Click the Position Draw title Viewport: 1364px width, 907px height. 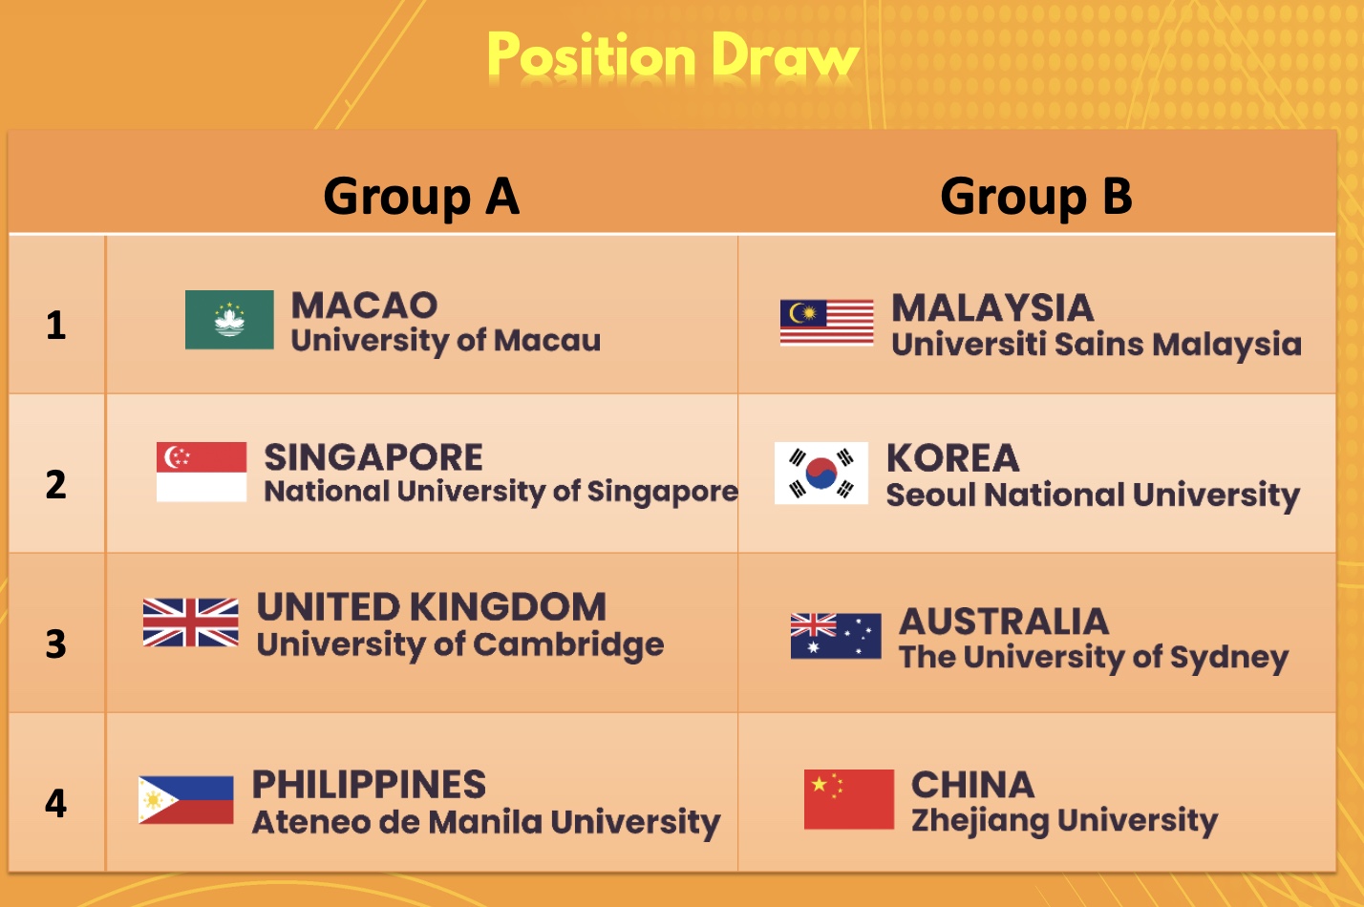click(672, 56)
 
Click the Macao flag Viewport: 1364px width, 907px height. click(229, 320)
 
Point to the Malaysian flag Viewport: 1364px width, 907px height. click(827, 323)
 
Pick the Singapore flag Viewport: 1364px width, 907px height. click(202, 472)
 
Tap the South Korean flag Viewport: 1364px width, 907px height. click(821, 473)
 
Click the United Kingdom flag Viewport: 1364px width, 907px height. click(191, 622)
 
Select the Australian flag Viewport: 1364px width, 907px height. click(836, 636)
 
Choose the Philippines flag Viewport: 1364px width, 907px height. click(185, 800)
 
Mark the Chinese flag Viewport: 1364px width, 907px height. click(849, 799)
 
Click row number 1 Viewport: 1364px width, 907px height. click(56, 325)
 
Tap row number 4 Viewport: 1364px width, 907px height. click(56, 803)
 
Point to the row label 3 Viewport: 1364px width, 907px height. click(56, 644)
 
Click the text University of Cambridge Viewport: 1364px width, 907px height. click(460, 645)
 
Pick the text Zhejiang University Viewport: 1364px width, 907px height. click(1064, 821)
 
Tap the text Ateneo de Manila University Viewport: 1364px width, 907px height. click(486, 823)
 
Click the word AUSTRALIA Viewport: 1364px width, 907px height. click(1004, 622)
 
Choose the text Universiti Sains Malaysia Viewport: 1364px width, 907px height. click(1097, 345)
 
